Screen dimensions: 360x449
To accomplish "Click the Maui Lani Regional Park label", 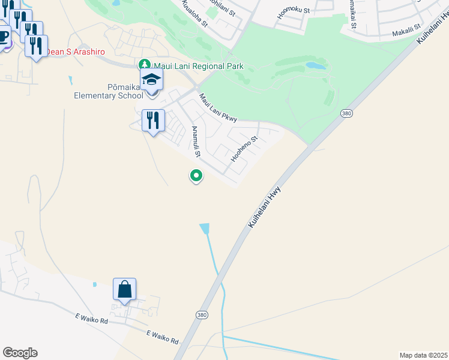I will [199, 65].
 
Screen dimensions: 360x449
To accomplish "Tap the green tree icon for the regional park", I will [144, 64].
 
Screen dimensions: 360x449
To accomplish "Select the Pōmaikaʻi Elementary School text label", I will [108, 91].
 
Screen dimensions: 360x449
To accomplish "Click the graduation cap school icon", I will [152, 80].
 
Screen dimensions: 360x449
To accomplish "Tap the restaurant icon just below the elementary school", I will [153, 120].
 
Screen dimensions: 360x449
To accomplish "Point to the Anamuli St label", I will [195, 142].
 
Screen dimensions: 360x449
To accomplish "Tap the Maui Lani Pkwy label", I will [218, 107].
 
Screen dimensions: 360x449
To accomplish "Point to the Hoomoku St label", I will [294, 11].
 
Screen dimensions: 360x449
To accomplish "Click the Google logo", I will [20, 353].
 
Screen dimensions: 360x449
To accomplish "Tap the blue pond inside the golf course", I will [316, 65].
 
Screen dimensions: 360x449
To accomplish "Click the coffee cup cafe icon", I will [3, 37].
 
